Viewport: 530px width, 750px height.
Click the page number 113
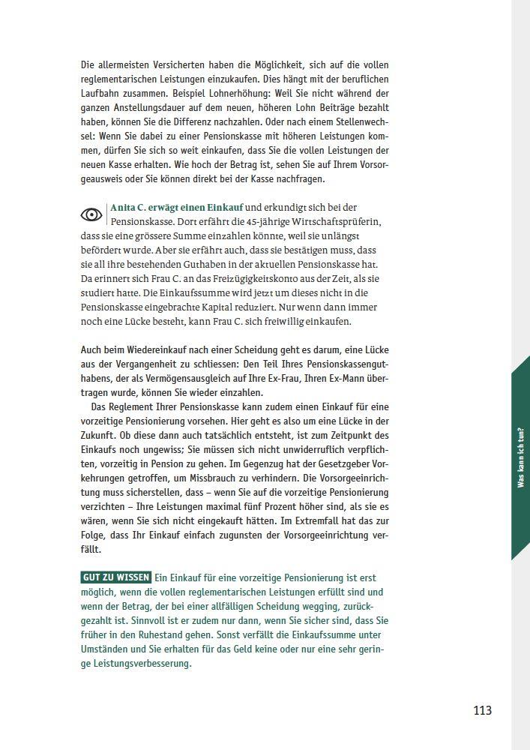(482, 709)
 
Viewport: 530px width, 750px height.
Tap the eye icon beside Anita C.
(91, 214)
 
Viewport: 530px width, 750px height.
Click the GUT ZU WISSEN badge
(116, 577)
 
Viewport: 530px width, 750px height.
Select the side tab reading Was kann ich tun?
(520, 457)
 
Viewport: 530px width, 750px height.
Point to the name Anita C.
(128, 208)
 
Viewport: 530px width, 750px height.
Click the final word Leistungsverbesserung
(136, 663)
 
